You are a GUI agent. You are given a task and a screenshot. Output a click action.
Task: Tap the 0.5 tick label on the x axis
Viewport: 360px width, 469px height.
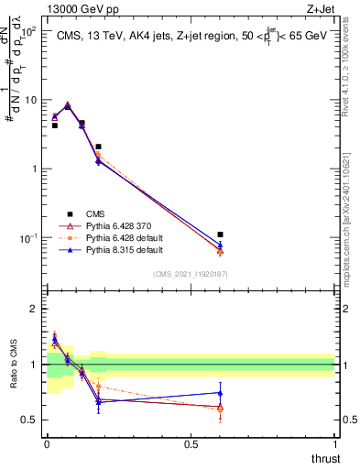click(x=191, y=443)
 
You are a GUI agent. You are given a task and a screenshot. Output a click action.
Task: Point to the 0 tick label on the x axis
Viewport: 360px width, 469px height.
click(x=47, y=443)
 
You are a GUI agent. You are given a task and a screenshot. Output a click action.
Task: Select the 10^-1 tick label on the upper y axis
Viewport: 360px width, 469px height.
click(x=29, y=238)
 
